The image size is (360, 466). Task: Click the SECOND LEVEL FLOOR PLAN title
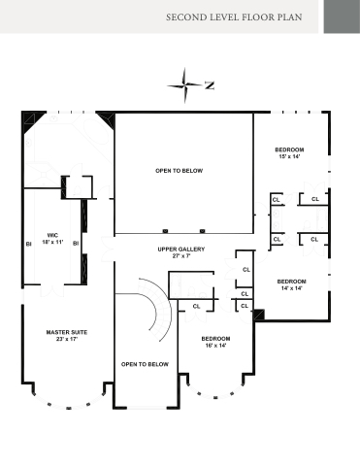pyautogui.click(x=234, y=17)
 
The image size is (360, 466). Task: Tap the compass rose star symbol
pyautogui.click(x=184, y=85)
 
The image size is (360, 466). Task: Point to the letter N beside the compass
pyautogui.click(x=210, y=85)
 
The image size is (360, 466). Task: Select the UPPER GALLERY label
pyautogui.click(x=181, y=250)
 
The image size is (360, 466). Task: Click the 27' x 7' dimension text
pyautogui.click(x=181, y=256)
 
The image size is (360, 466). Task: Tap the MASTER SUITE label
pyautogui.click(x=67, y=332)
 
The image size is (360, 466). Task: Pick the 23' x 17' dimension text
pyautogui.click(x=67, y=339)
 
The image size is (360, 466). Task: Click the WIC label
pyautogui.click(x=52, y=235)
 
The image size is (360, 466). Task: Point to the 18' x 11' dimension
pyautogui.click(x=52, y=242)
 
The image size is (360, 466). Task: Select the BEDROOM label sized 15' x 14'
pyautogui.click(x=289, y=150)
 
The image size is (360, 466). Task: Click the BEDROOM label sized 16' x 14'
pyautogui.click(x=215, y=339)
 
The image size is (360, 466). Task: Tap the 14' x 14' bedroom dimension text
pyautogui.click(x=291, y=288)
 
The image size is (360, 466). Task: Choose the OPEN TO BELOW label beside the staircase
pyautogui.click(x=145, y=364)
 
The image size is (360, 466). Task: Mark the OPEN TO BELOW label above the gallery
pyautogui.click(x=180, y=171)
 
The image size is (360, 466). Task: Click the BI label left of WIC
pyautogui.click(x=29, y=244)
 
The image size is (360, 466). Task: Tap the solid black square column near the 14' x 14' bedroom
pyautogui.click(x=259, y=315)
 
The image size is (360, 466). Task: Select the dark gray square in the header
pyautogui.click(x=342, y=17)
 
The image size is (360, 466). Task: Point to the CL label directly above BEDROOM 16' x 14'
pyautogui.click(x=196, y=306)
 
